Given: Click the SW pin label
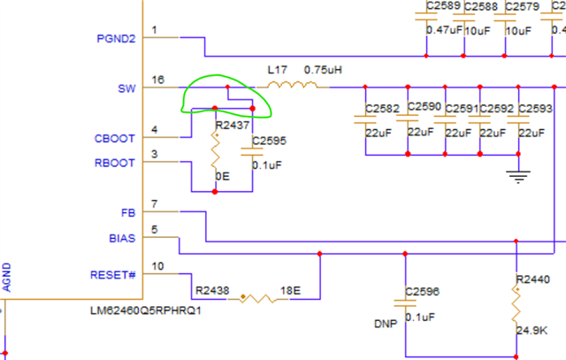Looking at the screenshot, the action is (x=126, y=88).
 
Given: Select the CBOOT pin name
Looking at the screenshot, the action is (x=114, y=139).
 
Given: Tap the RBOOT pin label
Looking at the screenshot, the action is (x=114, y=163).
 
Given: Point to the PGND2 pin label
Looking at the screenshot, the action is (x=116, y=39).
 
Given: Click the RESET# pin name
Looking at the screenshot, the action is (x=112, y=275).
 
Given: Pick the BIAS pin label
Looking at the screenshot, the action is (x=122, y=238).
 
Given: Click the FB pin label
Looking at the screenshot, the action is (x=128, y=213).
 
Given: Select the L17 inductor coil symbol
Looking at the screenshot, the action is (x=293, y=85).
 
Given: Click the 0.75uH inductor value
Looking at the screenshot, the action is (x=323, y=70).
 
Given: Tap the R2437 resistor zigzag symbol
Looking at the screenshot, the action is (x=216, y=150).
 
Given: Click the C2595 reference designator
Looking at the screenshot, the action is (x=269, y=141).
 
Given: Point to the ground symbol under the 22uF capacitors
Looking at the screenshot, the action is (x=518, y=177).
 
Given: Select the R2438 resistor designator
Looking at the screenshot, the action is (x=212, y=290).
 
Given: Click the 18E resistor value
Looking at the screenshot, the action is (x=291, y=290).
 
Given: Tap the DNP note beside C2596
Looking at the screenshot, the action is (x=386, y=324).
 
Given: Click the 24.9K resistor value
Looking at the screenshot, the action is (x=532, y=330).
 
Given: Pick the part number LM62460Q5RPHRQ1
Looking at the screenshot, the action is (x=145, y=310).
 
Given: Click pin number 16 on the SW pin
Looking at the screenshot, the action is (x=158, y=80).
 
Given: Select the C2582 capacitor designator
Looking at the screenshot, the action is (x=382, y=109).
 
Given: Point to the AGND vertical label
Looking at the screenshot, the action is (x=6, y=278).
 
